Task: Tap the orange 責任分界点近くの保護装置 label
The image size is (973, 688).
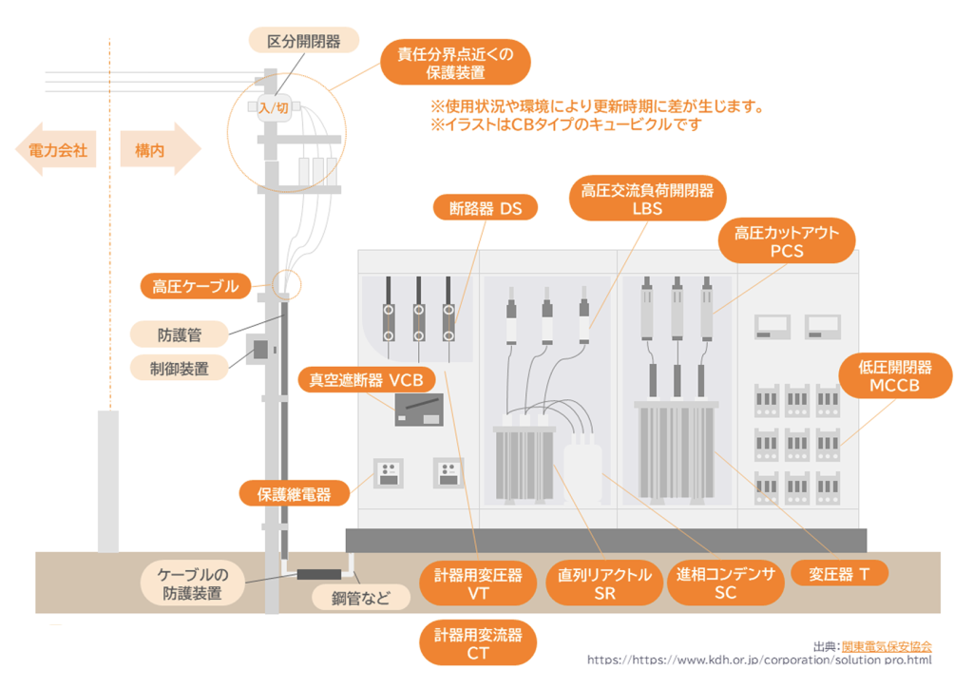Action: (x=455, y=63)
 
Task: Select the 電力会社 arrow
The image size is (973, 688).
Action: (x=57, y=150)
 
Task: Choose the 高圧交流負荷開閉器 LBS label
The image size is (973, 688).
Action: (x=647, y=200)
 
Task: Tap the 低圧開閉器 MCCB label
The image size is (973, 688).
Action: (x=888, y=376)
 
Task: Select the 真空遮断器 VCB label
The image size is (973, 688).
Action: (x=367, y=379)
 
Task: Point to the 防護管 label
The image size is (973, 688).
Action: (x=180, y=334)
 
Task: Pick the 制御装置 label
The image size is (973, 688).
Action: (x=180, y=366)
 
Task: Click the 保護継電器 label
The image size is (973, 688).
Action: (x=295, y=493)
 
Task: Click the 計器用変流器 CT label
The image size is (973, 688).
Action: (x=478, y=643)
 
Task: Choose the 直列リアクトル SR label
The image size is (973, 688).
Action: (x=604, y=583)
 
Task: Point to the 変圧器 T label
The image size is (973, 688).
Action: (x=839, y=574)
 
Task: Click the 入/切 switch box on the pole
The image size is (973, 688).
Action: (x=274, y=108)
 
